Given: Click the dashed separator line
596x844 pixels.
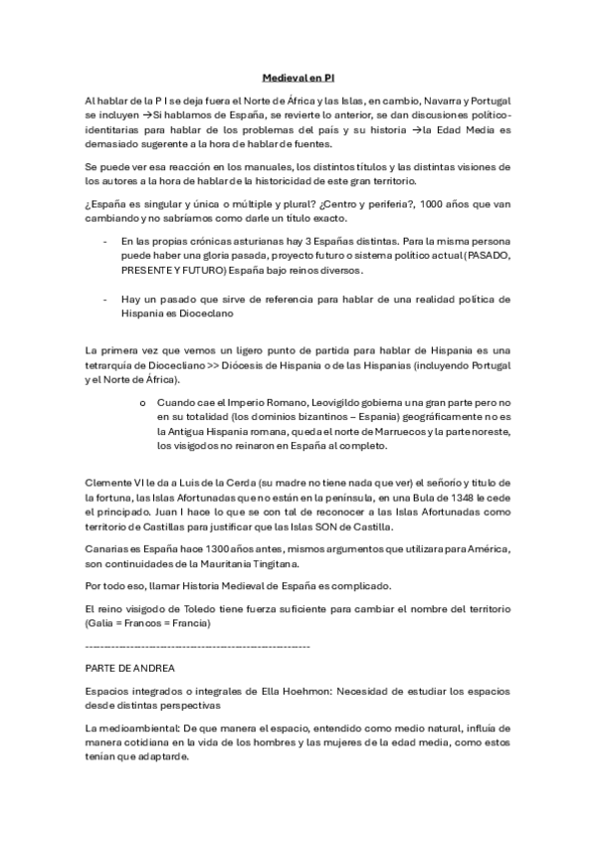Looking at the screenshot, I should [x=198, y=647].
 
